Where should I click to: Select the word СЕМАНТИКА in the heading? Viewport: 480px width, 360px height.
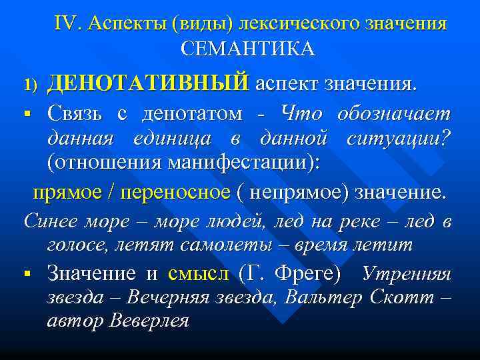pos(247,49)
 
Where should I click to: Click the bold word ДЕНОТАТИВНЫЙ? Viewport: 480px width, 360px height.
pos(147,84)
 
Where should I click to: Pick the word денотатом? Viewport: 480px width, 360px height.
pos(193,114)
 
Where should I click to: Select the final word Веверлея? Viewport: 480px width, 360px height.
pos(147,320)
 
